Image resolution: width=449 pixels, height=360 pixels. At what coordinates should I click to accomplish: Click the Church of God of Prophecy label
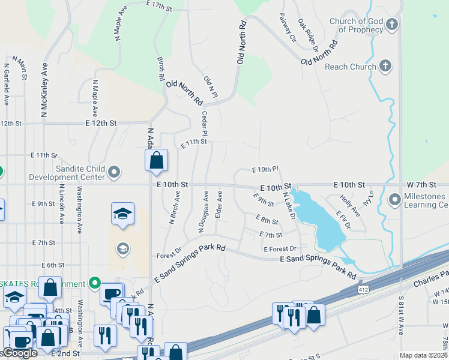pos(356,25)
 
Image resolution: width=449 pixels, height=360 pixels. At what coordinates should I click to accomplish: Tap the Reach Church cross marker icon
pos(385,66)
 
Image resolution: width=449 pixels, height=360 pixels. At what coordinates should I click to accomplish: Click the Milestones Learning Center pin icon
pos(394,199)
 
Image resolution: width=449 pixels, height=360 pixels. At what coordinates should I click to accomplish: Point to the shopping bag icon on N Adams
pos(156,160)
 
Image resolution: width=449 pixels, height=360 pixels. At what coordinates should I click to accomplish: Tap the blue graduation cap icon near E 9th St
pos(122,214)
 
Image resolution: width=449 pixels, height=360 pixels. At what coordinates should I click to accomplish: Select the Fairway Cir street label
pos(289,28)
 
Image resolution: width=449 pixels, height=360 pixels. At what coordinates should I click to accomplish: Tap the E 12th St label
pos(101,122)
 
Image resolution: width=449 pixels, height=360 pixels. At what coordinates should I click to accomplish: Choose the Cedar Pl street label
pos(205,123)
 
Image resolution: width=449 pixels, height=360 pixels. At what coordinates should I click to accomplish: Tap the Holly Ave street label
pos(349,205)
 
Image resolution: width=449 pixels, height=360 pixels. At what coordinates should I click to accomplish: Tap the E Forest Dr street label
pos(280,248)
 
